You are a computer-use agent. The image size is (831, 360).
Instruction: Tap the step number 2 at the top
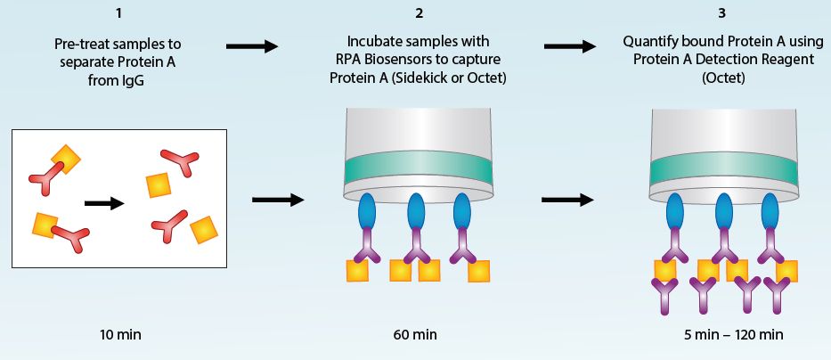tap(419, 13)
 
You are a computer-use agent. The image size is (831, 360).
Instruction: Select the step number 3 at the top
tap(721, 13)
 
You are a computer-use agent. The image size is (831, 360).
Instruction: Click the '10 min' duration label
tap(120, 335)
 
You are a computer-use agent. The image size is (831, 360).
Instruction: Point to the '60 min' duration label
tap(415, 335)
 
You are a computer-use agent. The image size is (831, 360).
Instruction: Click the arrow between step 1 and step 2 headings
tap(253, 46)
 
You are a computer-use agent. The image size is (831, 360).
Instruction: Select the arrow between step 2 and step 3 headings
tap(570, 46)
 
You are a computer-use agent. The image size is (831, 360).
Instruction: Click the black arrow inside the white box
tap(103, 203)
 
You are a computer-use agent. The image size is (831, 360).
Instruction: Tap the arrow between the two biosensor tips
tap(567, 199)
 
